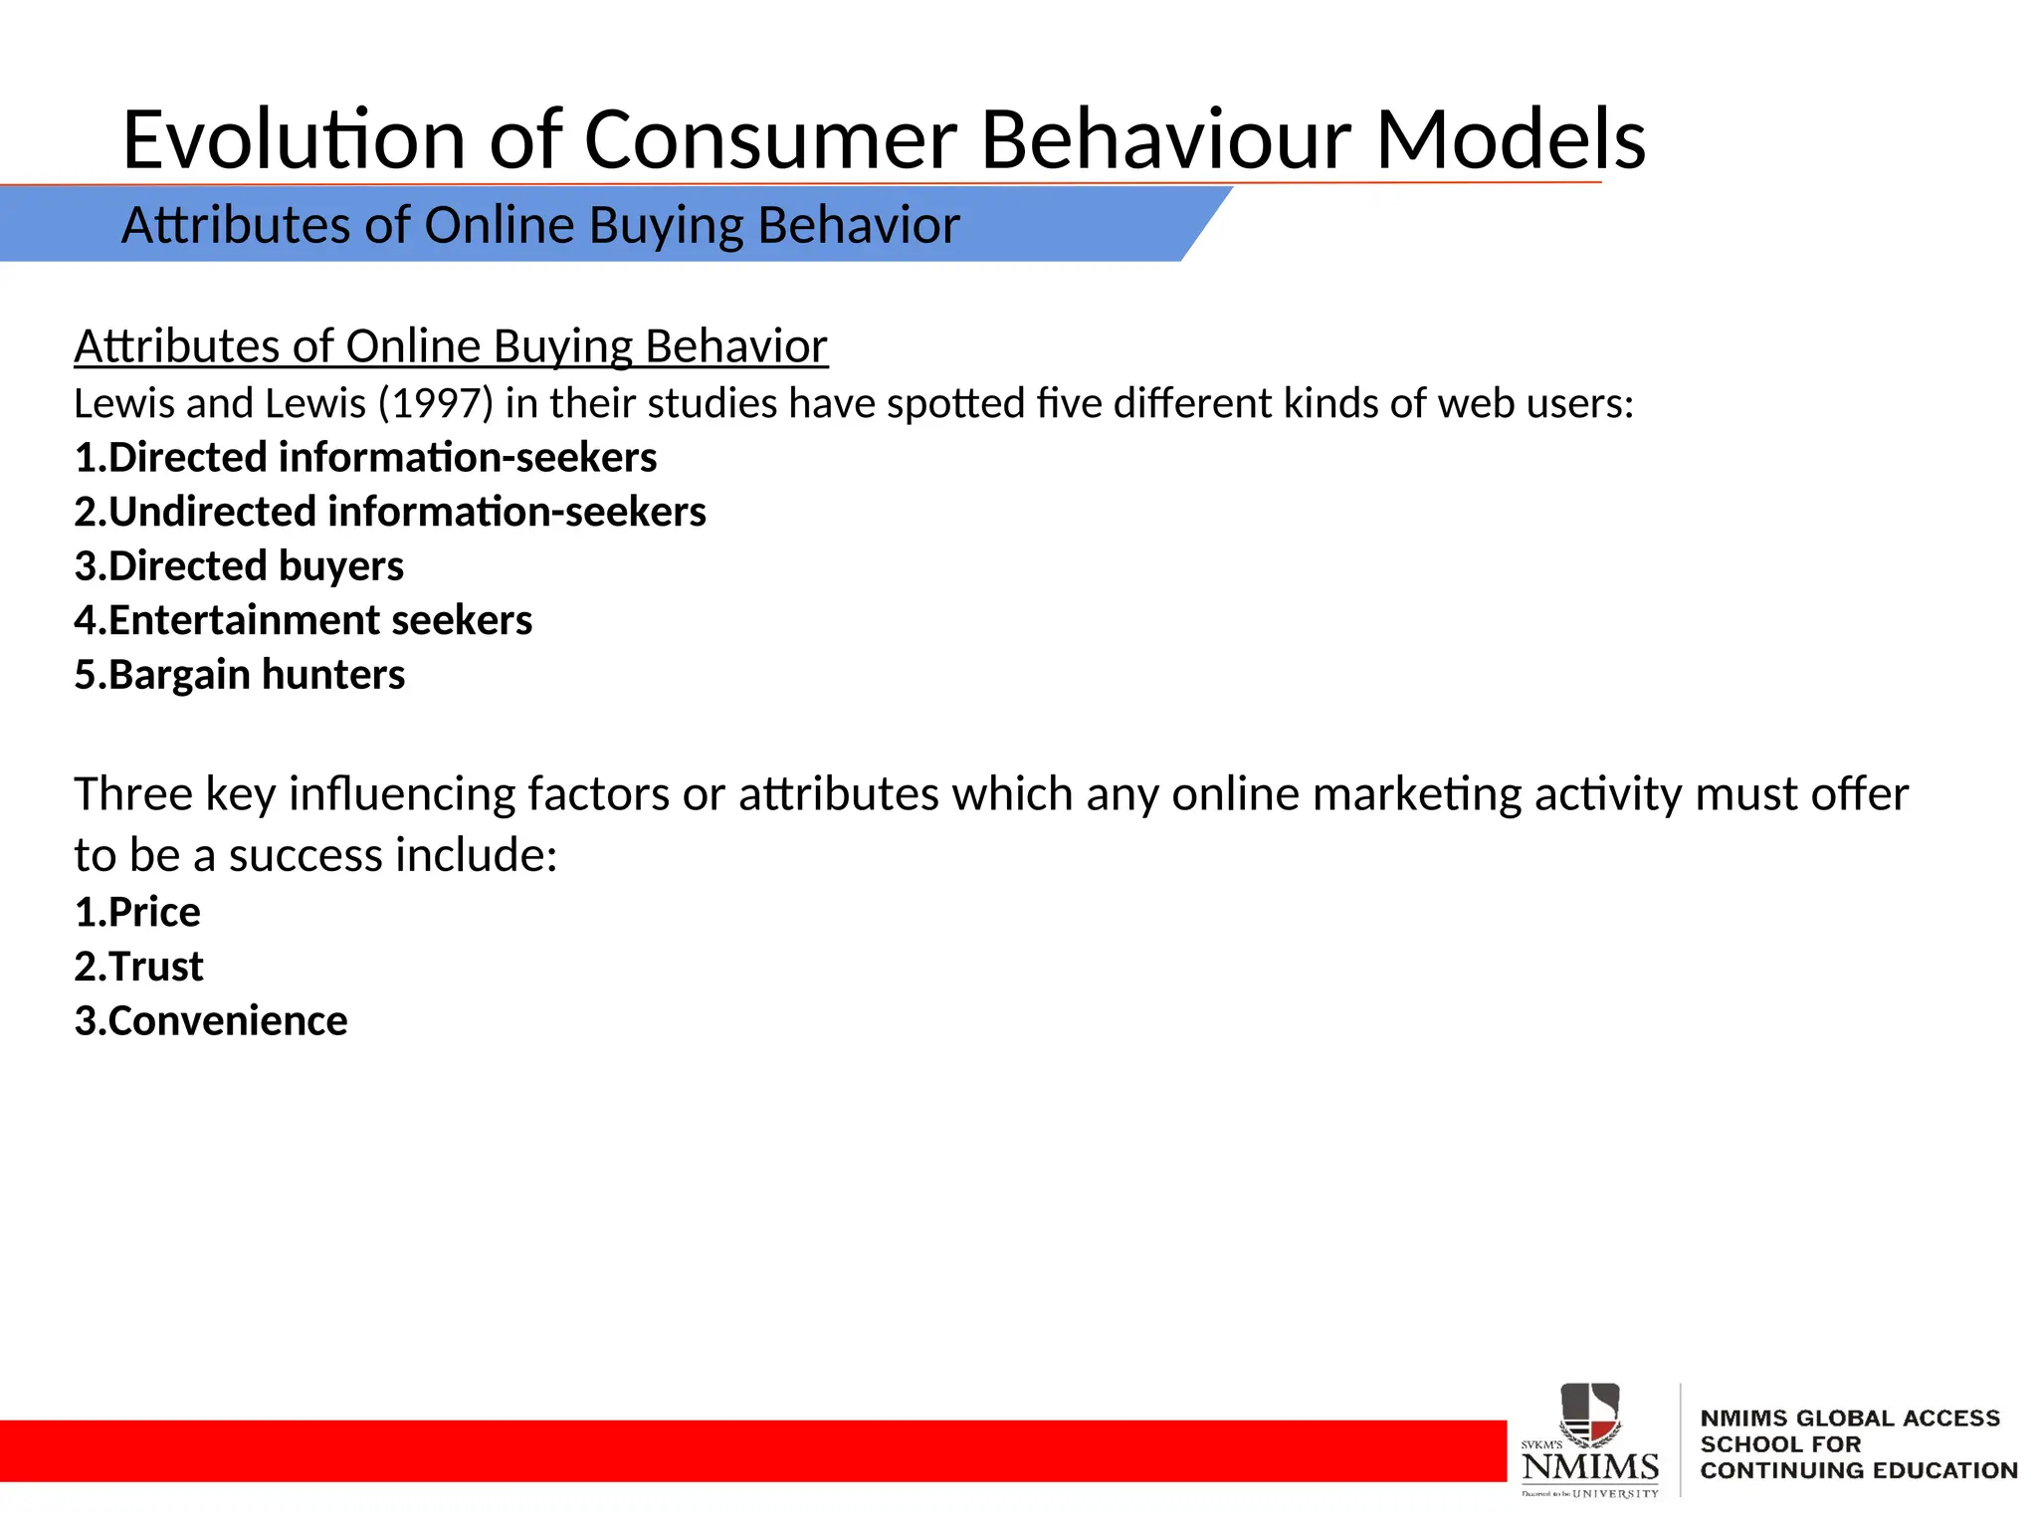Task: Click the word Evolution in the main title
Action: click(x=294, y=139)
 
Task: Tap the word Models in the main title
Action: click(x=1510, y=139)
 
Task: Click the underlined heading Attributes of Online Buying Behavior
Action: click(x=450, y=346)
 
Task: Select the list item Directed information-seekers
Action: click(x=365, y=458)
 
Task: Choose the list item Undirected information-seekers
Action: click(x=390, y=512)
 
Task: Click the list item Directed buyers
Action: click(x=239, y=565)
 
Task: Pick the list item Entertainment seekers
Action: click(x=304, y=620)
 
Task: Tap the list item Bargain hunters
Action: click(x=239, y=675)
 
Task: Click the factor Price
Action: click(x=137, y=912)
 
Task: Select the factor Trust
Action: click(x=138, y=967)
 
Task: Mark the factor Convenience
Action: click(x=211, y=1021)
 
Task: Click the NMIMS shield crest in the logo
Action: click(x=1589, y=1413)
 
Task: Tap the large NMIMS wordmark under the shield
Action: click(x=1590, y=1466)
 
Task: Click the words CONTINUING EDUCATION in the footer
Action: click(x=1858, y=1470)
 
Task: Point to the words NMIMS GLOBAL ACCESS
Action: click(x=1849, y=1419)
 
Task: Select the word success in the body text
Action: click(x=306, y=855)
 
